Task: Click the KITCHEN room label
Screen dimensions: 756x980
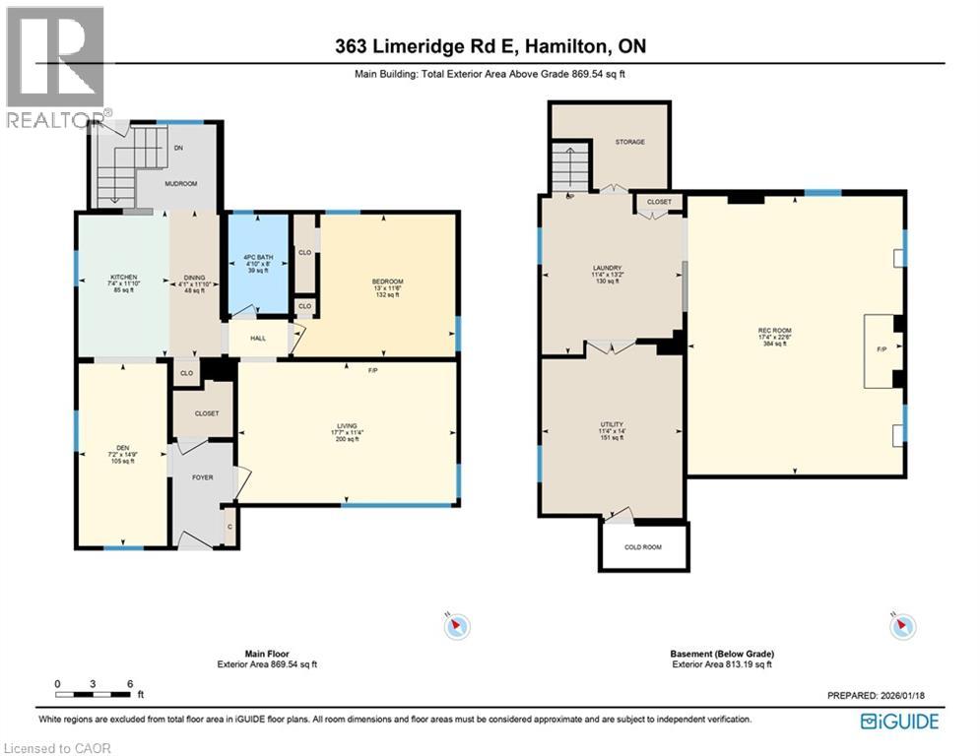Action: (x=123, y=277)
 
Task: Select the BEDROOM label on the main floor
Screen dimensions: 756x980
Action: (x=388, y=282)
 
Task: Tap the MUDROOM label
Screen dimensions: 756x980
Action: (x=180, y=183)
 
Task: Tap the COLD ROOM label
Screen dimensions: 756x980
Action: (x=643, y=546)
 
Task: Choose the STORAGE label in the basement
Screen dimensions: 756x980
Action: (x=629, y=142)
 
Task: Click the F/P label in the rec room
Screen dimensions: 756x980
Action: (x=882, y=349)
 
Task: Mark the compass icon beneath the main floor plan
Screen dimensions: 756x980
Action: (x=458, y=625)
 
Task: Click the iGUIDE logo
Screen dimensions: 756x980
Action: (x=899, y=722)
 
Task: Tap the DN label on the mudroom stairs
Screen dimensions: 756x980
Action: (x=177, y=148)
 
